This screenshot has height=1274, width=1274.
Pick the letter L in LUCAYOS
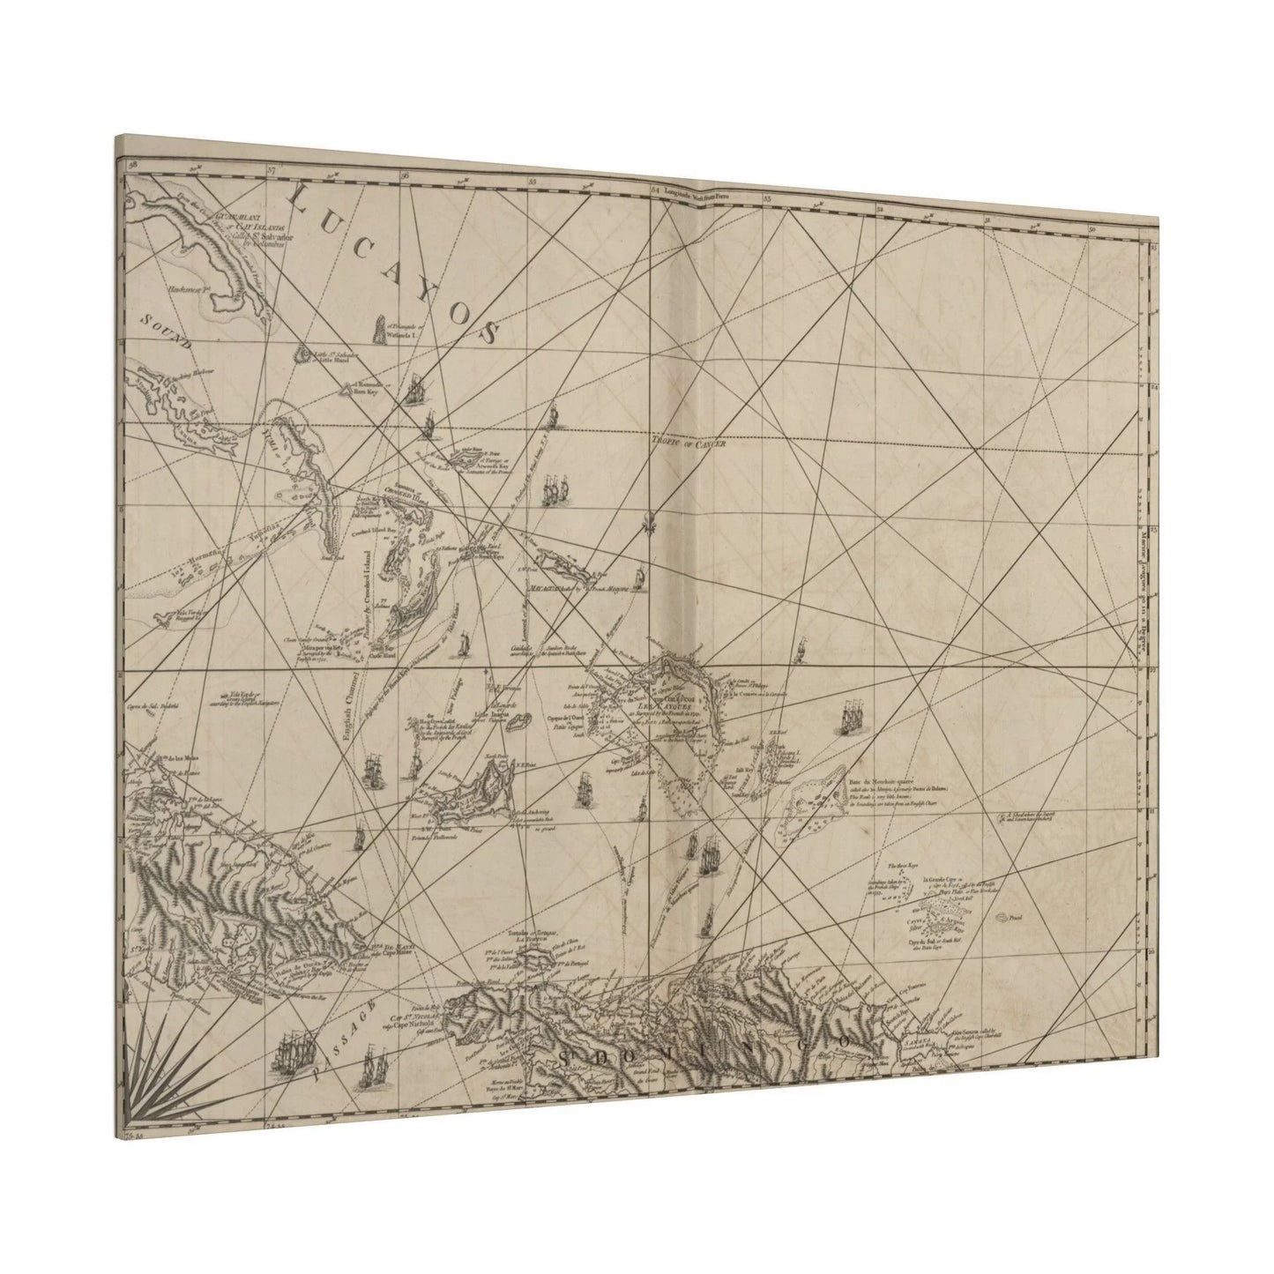tap(300, 201)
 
